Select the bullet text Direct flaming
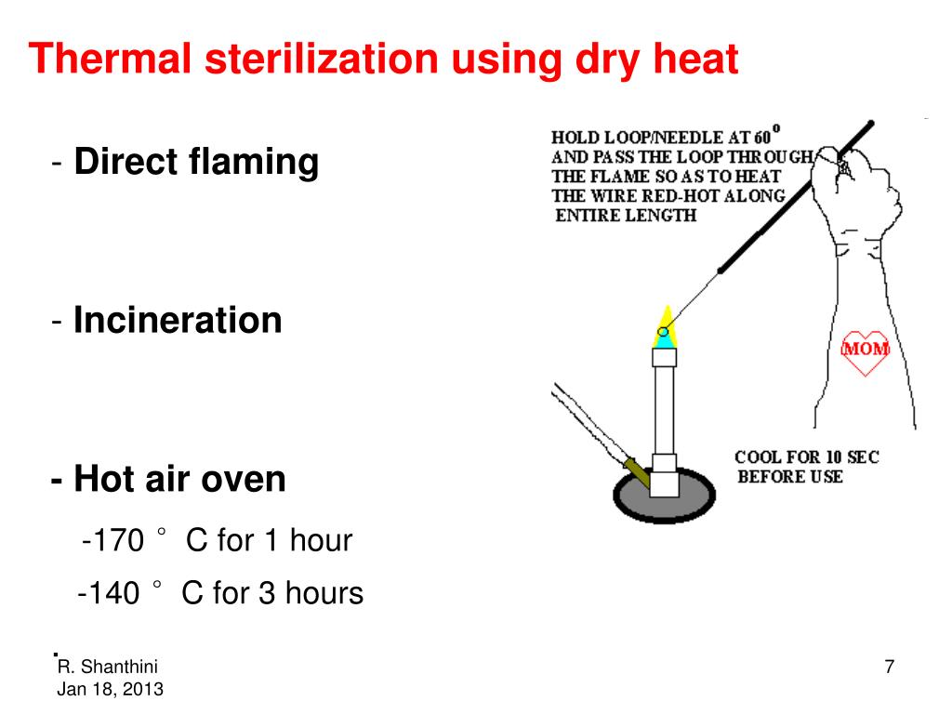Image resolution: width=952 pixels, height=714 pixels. click(x=196, y=162)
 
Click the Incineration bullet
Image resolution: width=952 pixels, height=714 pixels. click(x=178, y=321)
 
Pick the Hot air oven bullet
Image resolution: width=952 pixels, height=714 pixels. click(x=179, y=480)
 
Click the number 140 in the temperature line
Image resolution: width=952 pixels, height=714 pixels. click(x=113, y=593)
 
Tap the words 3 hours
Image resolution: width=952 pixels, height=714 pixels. click(x=311, y=593)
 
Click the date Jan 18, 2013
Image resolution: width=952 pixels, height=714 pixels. click(x=110, y=690)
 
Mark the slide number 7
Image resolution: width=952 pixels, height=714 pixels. click(x=889, y=668)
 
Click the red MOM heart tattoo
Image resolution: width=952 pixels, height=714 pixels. click(x=865, y=351)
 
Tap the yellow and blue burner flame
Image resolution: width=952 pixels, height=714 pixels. click(x=665, y=326)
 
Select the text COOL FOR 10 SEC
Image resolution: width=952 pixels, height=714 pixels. click(x=806, y=457)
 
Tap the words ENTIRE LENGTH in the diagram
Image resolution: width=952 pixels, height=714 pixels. click(x=626, y=216)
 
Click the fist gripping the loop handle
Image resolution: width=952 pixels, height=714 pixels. click(x=855, y=173)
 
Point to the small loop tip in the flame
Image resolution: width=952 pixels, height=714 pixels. click(x=663, y=331)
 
